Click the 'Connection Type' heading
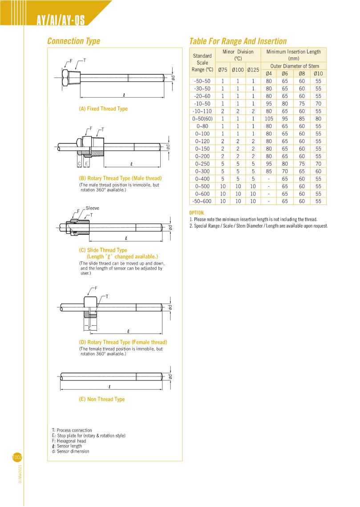73,41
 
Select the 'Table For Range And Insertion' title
238,41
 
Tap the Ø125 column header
253,70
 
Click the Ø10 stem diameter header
318,74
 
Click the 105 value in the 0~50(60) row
268,119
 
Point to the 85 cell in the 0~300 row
268,171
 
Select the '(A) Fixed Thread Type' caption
103,109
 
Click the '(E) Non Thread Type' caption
102,399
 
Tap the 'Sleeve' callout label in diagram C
92,208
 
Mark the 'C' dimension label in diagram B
79,164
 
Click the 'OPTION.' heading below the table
197,213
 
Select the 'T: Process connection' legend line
72,430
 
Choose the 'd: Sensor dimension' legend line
70,451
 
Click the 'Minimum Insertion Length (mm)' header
293,55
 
